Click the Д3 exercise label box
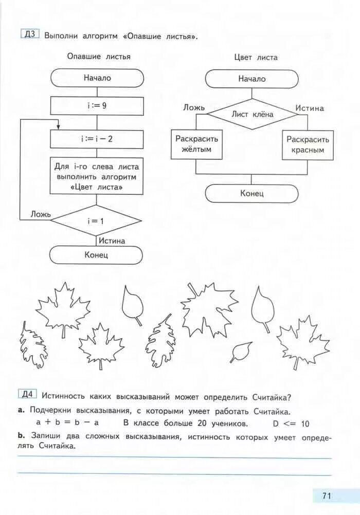coord(30,35)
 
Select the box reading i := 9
coord(97,106)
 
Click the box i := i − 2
coord(97,139)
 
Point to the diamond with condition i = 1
coord(96,220)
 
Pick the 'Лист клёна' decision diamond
coord(252,114)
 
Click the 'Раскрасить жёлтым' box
coord(196,144)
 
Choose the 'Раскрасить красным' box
coord(308,144)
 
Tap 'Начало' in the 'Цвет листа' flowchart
coord(251,79)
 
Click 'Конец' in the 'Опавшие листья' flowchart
coord(96,254)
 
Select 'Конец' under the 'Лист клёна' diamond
coord(251,193)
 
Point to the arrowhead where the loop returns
coord(58,126)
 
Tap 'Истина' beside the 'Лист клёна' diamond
coord(310,108)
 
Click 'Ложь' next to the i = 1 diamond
coord(40,214)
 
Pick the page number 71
coord(326,496)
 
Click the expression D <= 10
coord(291,424)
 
